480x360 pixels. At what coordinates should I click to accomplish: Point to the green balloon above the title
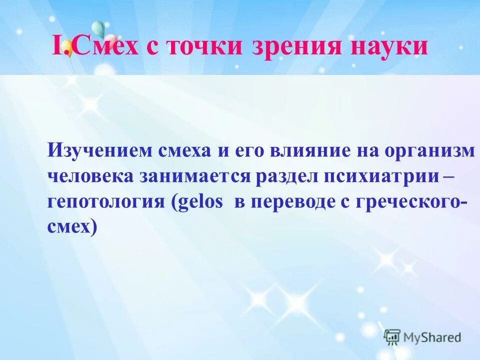pyautogui.click(x=98, y=29)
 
